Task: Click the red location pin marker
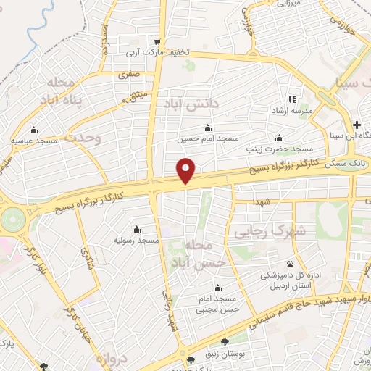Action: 186,170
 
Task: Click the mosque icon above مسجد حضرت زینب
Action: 279,138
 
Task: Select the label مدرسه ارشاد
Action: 291,110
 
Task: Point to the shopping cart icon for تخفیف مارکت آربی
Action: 157,41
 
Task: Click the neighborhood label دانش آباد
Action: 191,104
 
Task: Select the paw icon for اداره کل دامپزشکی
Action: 291,263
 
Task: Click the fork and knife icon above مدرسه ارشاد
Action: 292,99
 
